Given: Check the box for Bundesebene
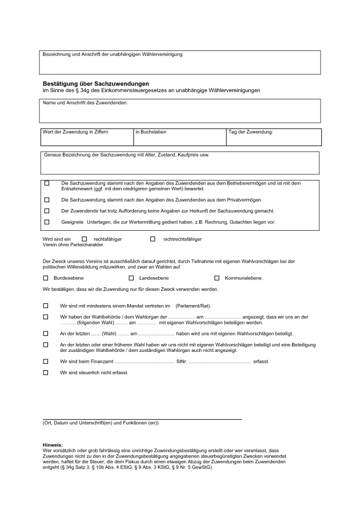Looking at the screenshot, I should [46, 278].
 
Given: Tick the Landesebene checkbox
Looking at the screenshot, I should [131, 278].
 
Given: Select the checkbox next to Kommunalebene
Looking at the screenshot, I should [217, 278].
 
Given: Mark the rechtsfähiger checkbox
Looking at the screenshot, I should [85, 239].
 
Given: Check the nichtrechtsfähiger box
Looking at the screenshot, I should [153, 239].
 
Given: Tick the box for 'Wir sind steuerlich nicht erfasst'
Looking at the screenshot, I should [46, 372].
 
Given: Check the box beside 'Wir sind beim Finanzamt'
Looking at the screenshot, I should [46, 361].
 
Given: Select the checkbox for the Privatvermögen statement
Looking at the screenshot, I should [46, 200].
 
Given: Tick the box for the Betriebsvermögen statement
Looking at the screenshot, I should [46, 183].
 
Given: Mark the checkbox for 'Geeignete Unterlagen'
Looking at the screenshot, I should [46, 221].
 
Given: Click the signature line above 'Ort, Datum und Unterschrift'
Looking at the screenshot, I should [142, 419].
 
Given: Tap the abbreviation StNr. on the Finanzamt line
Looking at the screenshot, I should [182, 362].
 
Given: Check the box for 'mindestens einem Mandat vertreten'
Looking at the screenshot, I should [46, 306].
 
